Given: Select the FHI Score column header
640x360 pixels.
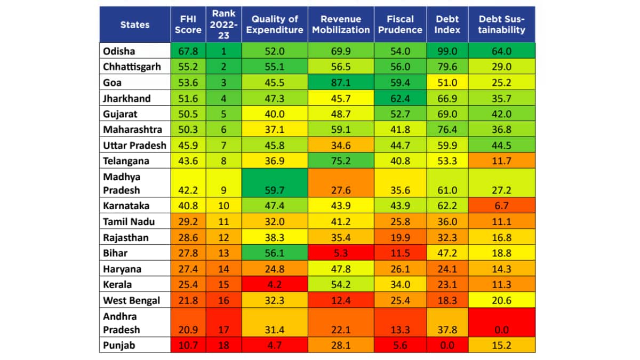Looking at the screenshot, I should click(x=188, y=25).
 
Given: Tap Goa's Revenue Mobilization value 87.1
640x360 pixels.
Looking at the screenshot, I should click(x=341, y=83).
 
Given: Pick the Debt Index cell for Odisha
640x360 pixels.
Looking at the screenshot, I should click(x=447, y=51).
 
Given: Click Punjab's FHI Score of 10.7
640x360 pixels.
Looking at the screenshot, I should click(x=188, y=345).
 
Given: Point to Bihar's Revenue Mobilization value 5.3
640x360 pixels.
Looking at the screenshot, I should click(x=341, y=253).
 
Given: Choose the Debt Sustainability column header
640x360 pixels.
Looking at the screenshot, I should click(x=501, y=25).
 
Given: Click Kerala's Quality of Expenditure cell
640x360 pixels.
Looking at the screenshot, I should click(x=275, y=285).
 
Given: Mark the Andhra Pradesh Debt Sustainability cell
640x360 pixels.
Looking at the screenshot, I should click(x=501, y=330).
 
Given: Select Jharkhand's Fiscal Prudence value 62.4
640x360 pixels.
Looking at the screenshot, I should click(x=400, y=98).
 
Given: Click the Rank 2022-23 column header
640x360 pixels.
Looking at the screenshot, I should click(x=224, y=25).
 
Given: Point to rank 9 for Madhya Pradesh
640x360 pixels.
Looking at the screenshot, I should click(x=224, y=190).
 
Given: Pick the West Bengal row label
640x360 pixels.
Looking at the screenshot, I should click(x=131, y=300).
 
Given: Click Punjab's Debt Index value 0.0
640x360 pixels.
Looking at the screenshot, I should click(x=447, y=345).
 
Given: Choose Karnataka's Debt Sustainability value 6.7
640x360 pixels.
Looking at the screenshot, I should click(x=501, y=206).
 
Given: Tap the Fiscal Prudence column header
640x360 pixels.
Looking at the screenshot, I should click(x=400, y=25).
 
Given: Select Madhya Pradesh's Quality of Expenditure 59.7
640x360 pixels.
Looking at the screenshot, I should click(x=275, y=190).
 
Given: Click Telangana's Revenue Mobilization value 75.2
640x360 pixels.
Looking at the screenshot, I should click(x=341, y=161).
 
